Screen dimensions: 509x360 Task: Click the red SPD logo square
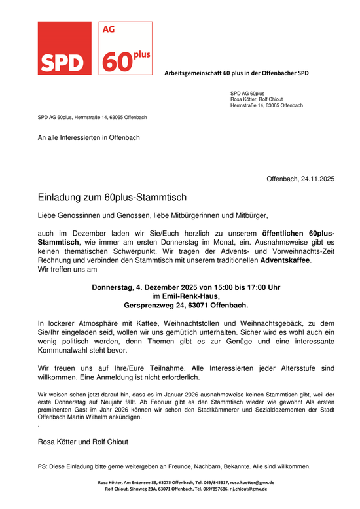63,48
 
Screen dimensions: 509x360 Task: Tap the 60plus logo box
126,48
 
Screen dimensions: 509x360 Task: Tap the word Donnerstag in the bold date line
113,287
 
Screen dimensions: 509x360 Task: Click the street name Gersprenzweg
151,305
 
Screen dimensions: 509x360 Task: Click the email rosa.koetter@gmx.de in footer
251,482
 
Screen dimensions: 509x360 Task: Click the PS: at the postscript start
44,466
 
